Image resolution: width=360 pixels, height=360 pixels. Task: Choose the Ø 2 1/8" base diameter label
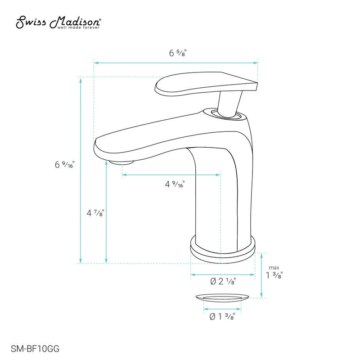click(224, 282)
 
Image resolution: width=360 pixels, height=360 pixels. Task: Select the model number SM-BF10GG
click(34, 348)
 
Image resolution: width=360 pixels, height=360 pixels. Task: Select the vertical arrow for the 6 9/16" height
click(81, 135)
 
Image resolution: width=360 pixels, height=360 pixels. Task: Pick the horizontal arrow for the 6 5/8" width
click(135, 63)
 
